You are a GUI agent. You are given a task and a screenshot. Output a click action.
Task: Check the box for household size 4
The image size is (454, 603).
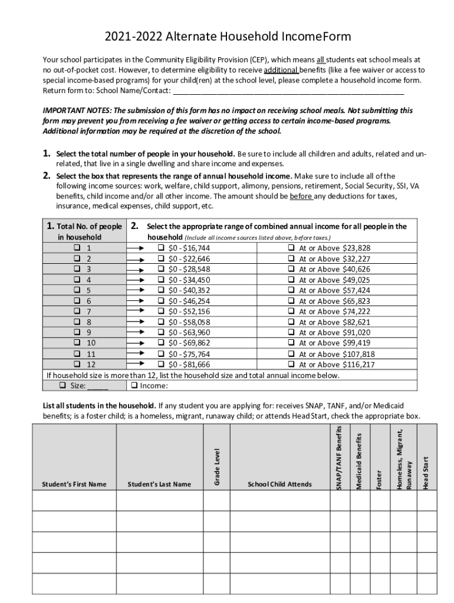pyautogui.click(x=77, y=280)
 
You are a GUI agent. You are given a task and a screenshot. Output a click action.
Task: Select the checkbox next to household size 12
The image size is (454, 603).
pyautogui.click(x=77, y=365)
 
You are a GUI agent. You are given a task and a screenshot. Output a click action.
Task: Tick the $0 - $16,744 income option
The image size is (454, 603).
pyautogui.click(x=161, y=248)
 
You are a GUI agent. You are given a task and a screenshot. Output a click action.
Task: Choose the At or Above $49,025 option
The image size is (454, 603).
pyautogui.click(x=291, y=280)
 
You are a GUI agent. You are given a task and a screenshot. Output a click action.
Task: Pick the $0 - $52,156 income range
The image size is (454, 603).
pyautogui.click(x=161, y=312)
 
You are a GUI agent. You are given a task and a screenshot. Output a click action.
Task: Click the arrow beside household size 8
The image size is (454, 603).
pyautogui.click(x=136, y=322)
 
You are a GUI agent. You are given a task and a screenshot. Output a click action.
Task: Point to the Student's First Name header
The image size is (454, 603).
pyautogui.click(x=74, y=484)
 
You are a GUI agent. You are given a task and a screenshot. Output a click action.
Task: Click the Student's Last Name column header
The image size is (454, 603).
pyautogui.click(x=159, y=484)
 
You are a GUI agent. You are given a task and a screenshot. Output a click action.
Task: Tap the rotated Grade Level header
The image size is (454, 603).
pyautogui.click(x=217, y=467)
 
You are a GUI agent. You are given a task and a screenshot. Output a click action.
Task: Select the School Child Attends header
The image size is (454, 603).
pyautogui.click(x=279, y=484)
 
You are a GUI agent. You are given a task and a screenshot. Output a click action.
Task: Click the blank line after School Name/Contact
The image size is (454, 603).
pyautogui.click(x=288, y=91)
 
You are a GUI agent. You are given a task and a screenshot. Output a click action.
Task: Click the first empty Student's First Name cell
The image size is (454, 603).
pyautogui.click(x=74, y=501)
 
